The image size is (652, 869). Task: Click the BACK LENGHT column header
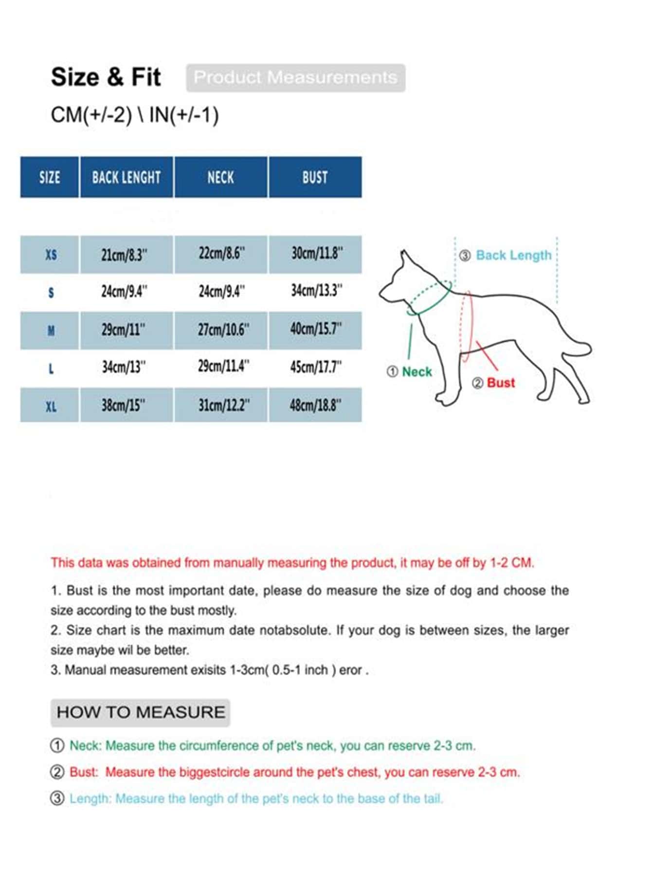[126, 177]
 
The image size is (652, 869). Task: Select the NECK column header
[220, 177]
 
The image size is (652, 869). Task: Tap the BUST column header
[315, 177]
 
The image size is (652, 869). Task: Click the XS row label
[51, 255]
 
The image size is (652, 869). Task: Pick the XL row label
[51, 406]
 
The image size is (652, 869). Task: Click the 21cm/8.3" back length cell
[125, 255]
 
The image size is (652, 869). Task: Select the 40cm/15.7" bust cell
[316, 329]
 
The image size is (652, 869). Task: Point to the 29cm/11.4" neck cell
[223, 367]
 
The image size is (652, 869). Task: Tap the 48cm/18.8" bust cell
[315, 405]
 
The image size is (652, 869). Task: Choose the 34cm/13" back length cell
[124, 367]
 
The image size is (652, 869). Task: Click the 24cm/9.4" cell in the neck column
[221, 292]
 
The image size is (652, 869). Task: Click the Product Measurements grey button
[295, 77]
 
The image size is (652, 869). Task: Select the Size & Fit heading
[106, 77]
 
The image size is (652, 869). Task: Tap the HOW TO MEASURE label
[141, 712]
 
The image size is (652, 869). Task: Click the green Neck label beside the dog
[417, 372]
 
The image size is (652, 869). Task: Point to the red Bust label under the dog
[500, 383]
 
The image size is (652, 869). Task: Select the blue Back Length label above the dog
[513, 255]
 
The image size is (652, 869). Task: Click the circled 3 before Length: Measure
[57, 798]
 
